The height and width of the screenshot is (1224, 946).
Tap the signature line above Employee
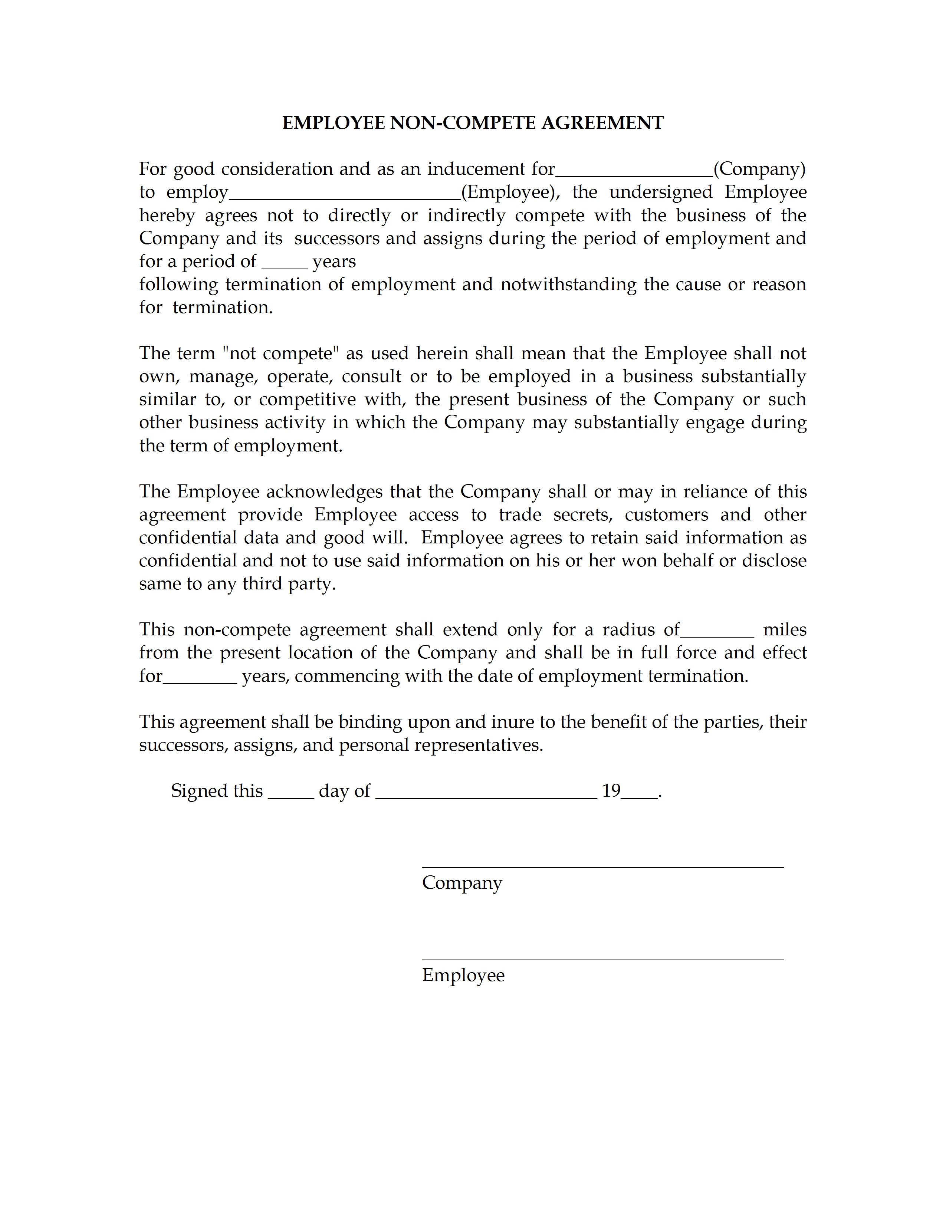click(602, 960)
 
